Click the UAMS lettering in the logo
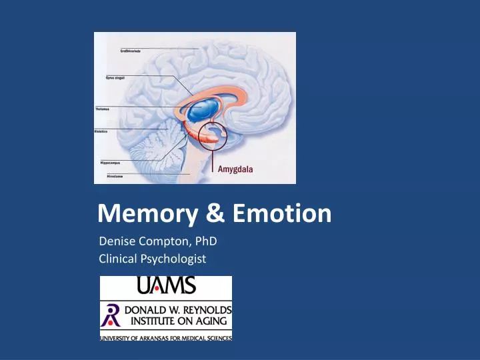click(x=165, y=286)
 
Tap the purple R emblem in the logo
click(x=110, y=315)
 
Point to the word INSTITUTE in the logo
click(x=149, y=321)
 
